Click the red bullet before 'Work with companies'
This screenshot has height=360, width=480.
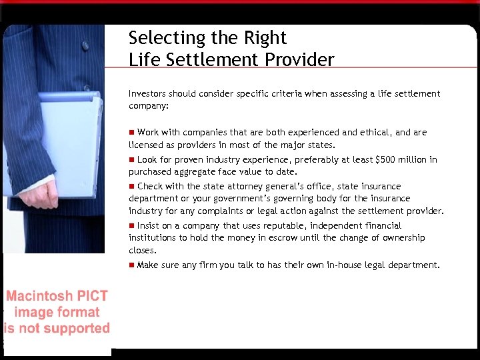tap(132, 132)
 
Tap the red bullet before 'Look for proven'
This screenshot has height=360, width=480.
tap(132, 159)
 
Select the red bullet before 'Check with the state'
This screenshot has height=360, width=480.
tap(132, 186)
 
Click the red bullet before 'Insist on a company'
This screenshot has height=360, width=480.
tap(132, 225)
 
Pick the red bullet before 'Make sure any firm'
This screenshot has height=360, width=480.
tap(132, 265)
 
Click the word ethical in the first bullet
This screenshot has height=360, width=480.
tap(375, 132)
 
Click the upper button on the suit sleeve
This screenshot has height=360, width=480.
tap(85, 46)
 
